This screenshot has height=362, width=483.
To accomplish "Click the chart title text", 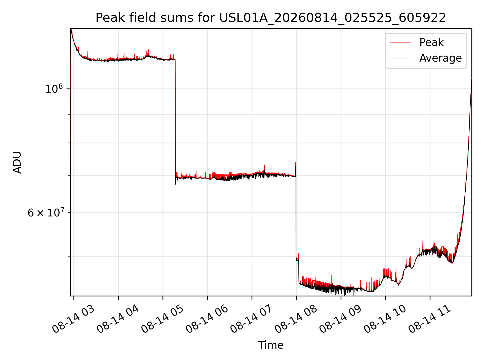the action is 271,18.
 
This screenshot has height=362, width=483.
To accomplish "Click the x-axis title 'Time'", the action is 271,345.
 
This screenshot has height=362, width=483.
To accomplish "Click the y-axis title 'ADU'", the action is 17,162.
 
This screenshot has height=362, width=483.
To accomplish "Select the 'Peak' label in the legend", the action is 431,42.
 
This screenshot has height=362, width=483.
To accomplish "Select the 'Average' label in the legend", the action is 440,58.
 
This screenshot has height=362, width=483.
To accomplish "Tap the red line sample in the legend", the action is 400,42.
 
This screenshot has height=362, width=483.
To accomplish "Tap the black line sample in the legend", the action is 400,58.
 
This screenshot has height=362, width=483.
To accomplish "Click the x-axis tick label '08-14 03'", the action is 73,319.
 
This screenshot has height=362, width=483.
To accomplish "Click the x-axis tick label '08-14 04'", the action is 117,319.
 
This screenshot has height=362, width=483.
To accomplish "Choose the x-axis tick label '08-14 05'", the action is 162,319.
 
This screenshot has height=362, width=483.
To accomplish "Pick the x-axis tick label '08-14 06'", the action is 207,319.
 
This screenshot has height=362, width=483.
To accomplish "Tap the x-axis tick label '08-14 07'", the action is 251,319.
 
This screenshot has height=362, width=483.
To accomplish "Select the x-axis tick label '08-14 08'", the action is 296,319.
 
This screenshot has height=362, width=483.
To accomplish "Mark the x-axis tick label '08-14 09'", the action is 340,319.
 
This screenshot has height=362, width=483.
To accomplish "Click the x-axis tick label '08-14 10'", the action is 385,319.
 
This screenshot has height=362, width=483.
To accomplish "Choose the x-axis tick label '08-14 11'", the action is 429,319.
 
